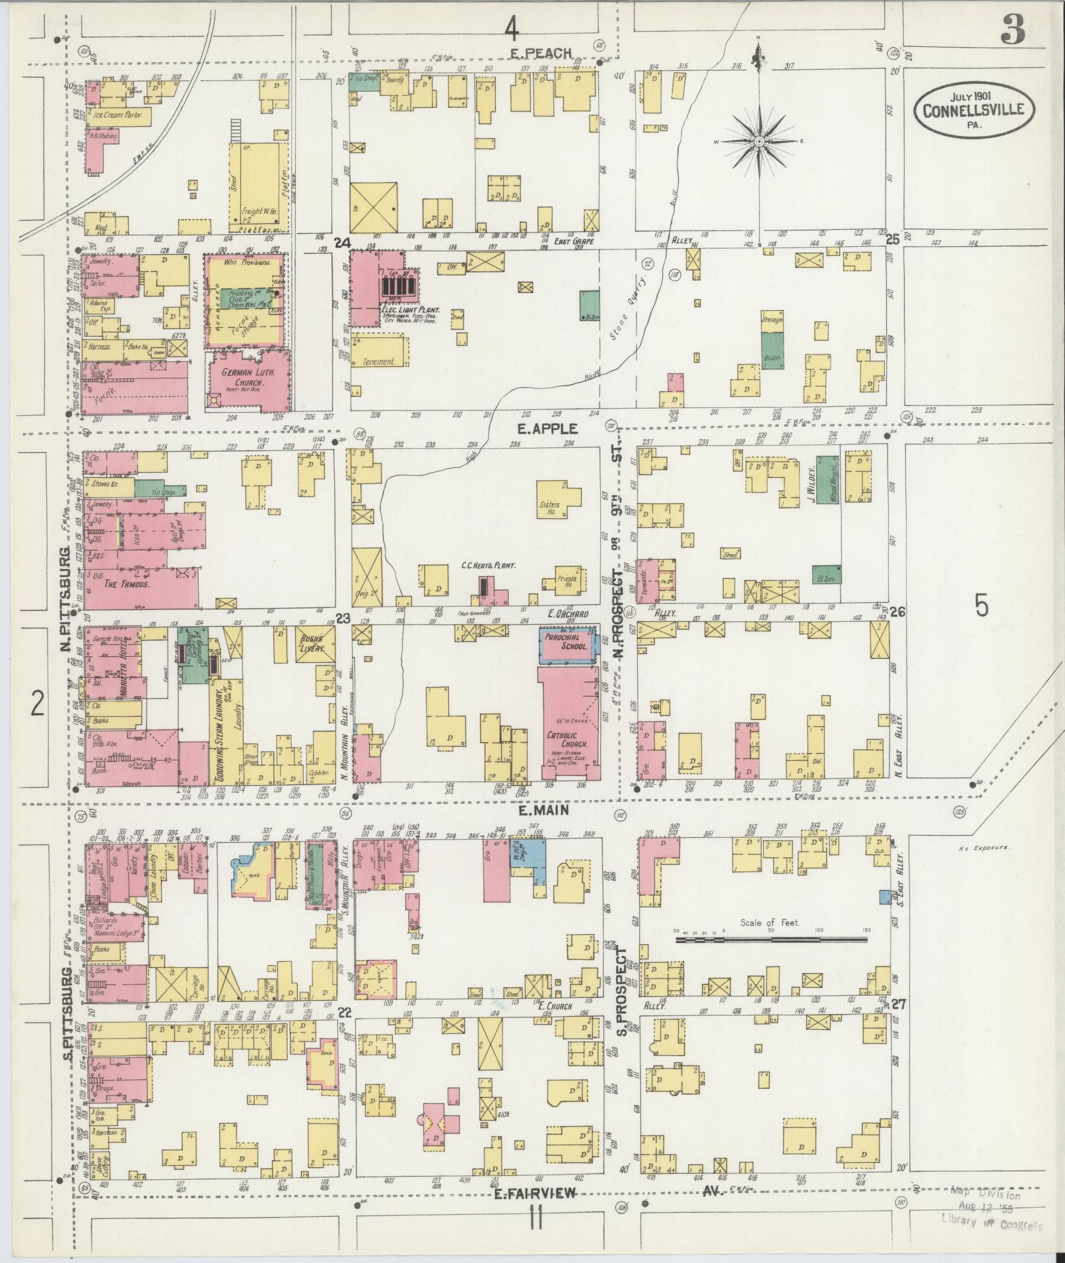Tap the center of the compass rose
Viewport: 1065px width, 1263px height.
pos(759,141)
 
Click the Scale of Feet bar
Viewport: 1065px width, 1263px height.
pos(771,938)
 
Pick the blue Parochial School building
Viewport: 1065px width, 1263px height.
pos(566,644)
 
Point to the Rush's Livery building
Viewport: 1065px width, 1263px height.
pos(312,643)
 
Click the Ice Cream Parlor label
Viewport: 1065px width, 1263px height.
pos(118,114)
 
